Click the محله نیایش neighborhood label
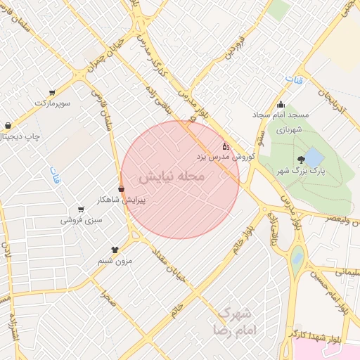pos(172,176)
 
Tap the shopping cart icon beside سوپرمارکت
pos(53,92)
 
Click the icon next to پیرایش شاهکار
pos(122,189)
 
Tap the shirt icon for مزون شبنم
pos(115,250)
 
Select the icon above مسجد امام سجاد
pos(281,105)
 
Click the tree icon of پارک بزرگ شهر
pos(302,160)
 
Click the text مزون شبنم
pos(114,261)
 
